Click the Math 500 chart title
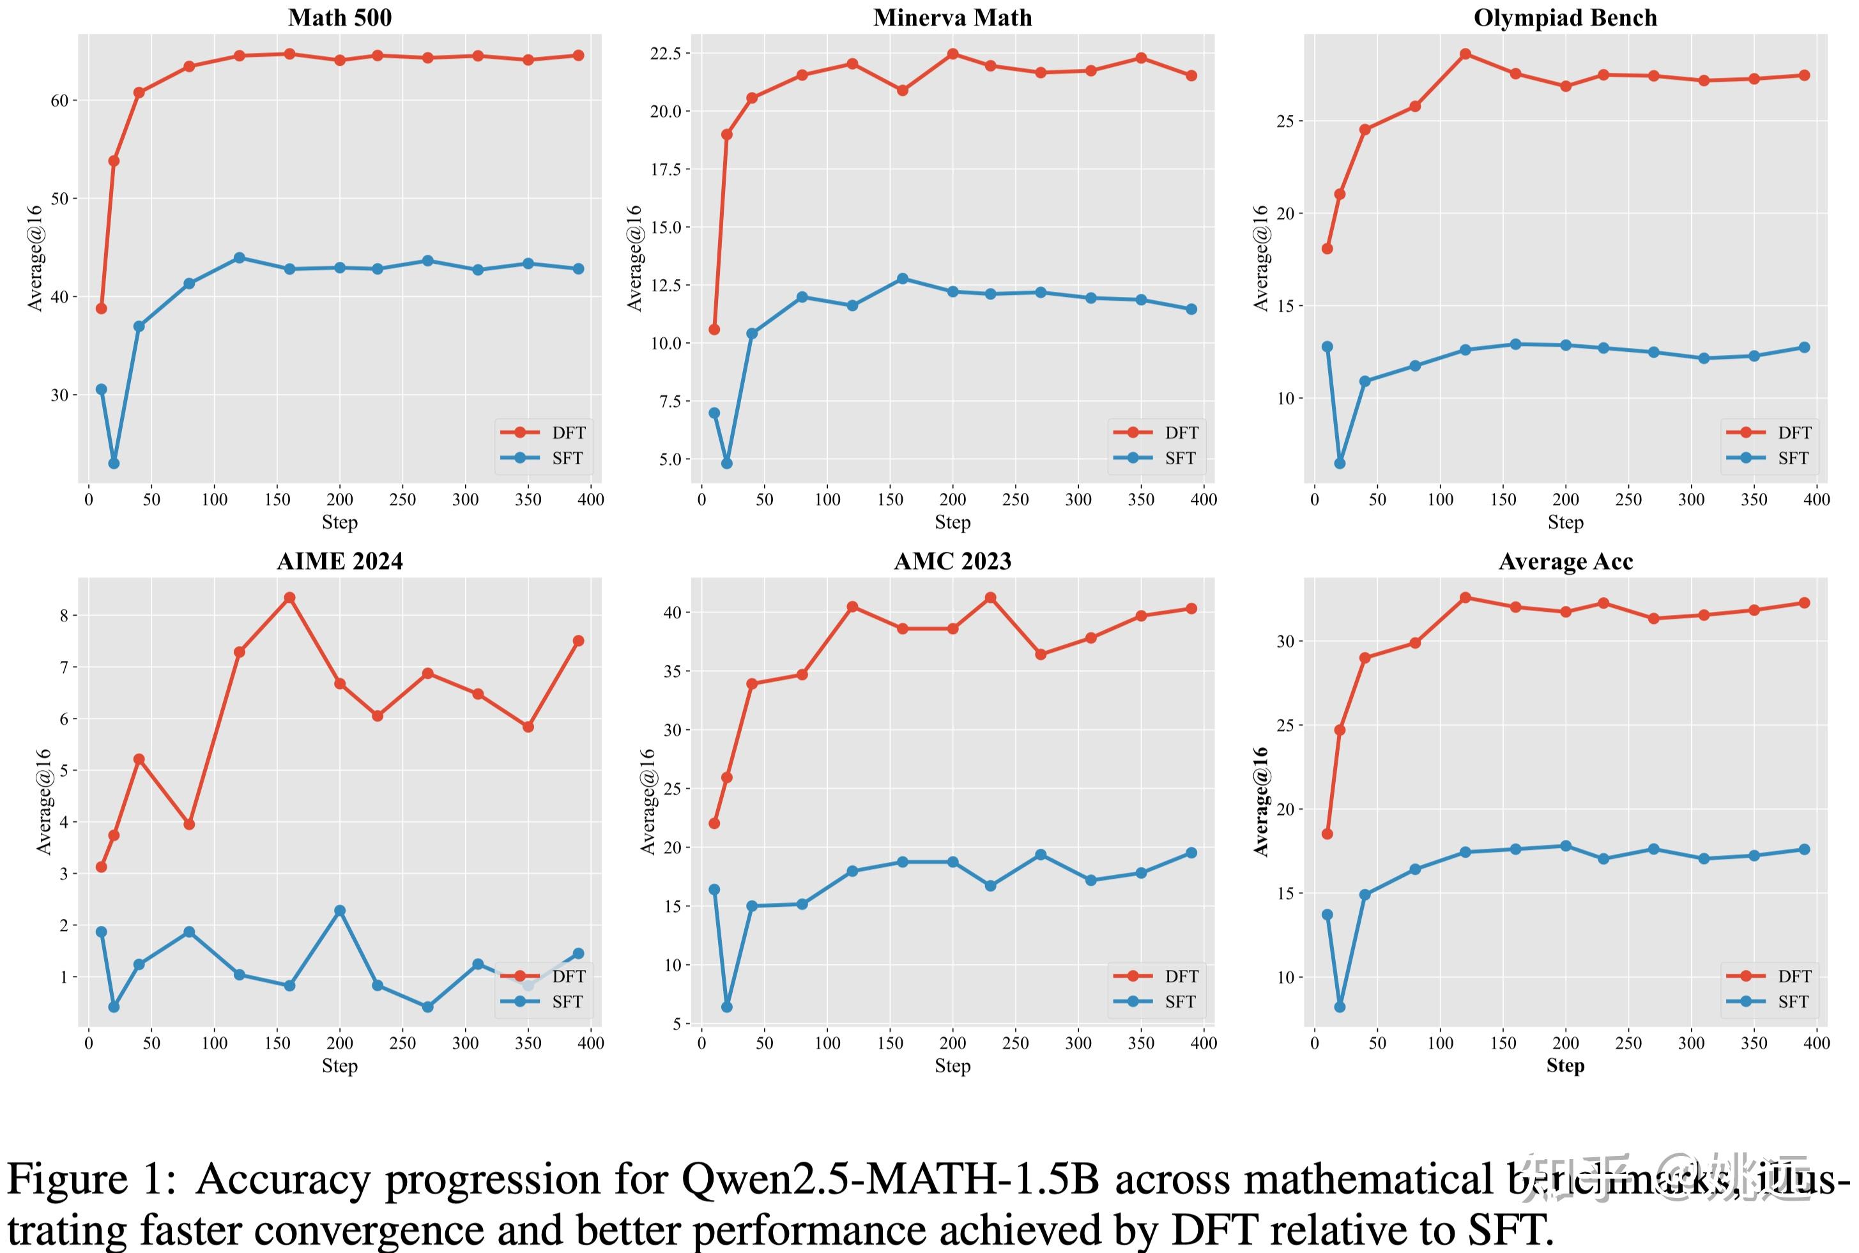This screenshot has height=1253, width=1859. (x=340, y=18)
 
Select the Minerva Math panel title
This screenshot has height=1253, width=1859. (x=952, y=18)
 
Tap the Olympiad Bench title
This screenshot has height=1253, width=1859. (x=1565, y=18)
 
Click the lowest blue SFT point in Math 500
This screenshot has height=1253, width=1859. (x=114, y=464)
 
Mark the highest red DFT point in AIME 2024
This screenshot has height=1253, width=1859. (x=289, y=598)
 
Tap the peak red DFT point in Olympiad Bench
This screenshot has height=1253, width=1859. (x=1465, y=54)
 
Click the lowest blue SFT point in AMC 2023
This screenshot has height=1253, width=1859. (x=726, y=1007)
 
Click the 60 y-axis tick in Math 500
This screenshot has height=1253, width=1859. (x=59, y=101)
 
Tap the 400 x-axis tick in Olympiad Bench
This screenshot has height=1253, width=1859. (x=1817, y=499)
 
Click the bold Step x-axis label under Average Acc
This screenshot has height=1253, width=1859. (x=1565, y=1065)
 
